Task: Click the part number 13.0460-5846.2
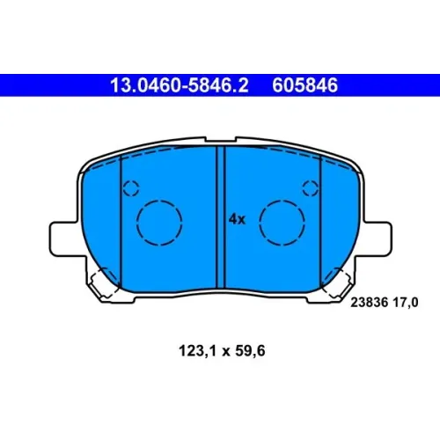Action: coord(180,85)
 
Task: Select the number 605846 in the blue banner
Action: coord(305,85)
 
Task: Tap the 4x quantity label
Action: coord(237,219)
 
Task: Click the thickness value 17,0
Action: coord(406,303)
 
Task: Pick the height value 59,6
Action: coord(250,351)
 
